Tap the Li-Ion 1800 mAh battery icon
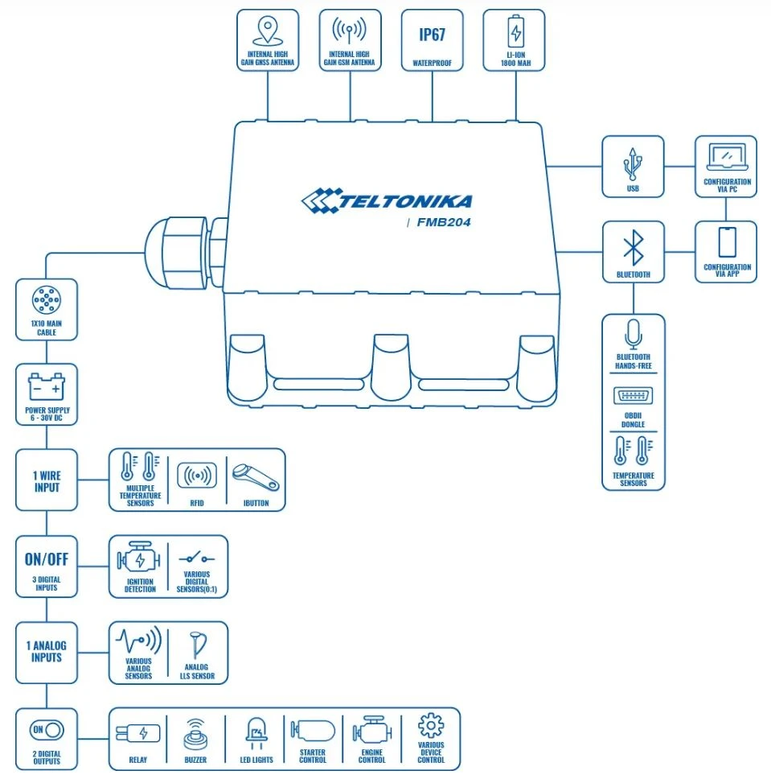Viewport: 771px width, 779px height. [515, 33]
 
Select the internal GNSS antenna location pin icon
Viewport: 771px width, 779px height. [268, 31]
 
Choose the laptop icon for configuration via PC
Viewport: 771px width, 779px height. [726, 156]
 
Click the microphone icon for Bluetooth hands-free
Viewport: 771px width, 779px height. [633, 333]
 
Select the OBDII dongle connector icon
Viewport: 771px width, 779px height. [633, 395]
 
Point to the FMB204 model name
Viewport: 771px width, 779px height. [445, 223]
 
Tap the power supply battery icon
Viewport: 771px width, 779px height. [47, 388]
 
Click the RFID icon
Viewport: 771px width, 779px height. [197, 476]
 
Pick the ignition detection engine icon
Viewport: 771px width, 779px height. [139, 559]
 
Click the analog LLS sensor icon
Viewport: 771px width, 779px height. [197, 644]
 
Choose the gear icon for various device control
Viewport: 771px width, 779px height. [431, 727]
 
